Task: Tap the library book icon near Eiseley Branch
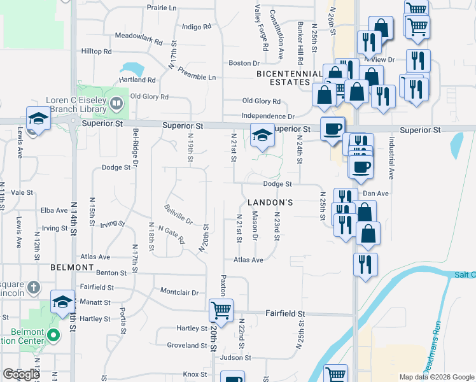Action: (116, 102)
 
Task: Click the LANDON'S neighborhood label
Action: (269, 202)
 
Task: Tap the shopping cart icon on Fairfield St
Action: (221, 311)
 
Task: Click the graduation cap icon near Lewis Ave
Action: (38, 118)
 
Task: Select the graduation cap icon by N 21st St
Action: (261, 135)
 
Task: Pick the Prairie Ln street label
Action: (162, 8)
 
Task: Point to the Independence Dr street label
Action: (268, 117)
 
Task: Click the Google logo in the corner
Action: (21, 374)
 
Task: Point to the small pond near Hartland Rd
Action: (131, 68)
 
